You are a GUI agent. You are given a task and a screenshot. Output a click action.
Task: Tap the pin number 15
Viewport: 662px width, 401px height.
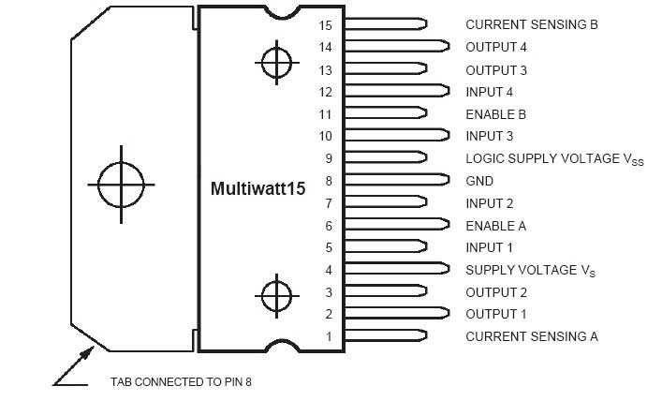[x=326, y=24]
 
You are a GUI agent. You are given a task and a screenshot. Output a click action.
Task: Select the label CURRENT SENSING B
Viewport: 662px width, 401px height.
[x=531, y=24]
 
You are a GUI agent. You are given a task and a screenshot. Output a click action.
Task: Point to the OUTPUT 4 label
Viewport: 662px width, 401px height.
[x=495, y=46]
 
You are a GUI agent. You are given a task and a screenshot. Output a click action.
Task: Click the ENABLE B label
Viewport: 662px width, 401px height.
[x=495, y=114]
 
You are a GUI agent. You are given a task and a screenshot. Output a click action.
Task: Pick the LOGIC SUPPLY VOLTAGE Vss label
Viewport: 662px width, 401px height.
[x=541, y=159]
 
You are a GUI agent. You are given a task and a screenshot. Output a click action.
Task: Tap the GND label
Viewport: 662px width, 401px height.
[x=479, y=181]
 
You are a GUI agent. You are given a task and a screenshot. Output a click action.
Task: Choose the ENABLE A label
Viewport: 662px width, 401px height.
[x=495, y=226]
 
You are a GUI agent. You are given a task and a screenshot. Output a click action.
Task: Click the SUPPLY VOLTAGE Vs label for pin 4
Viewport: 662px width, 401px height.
[x=530, y=271]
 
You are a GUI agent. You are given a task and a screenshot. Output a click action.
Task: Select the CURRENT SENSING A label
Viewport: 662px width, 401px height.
[x=531, y=336]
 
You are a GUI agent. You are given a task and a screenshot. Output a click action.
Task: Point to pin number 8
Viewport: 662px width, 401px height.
[x=329, y=181]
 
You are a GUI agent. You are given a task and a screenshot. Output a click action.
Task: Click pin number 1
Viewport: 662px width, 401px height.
[x=329, y=336]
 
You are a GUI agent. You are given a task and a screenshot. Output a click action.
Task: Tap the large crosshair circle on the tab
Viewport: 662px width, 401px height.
[x=121, y=183]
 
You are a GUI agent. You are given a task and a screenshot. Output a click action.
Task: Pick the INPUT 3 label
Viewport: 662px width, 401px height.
[x=489, y=137]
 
